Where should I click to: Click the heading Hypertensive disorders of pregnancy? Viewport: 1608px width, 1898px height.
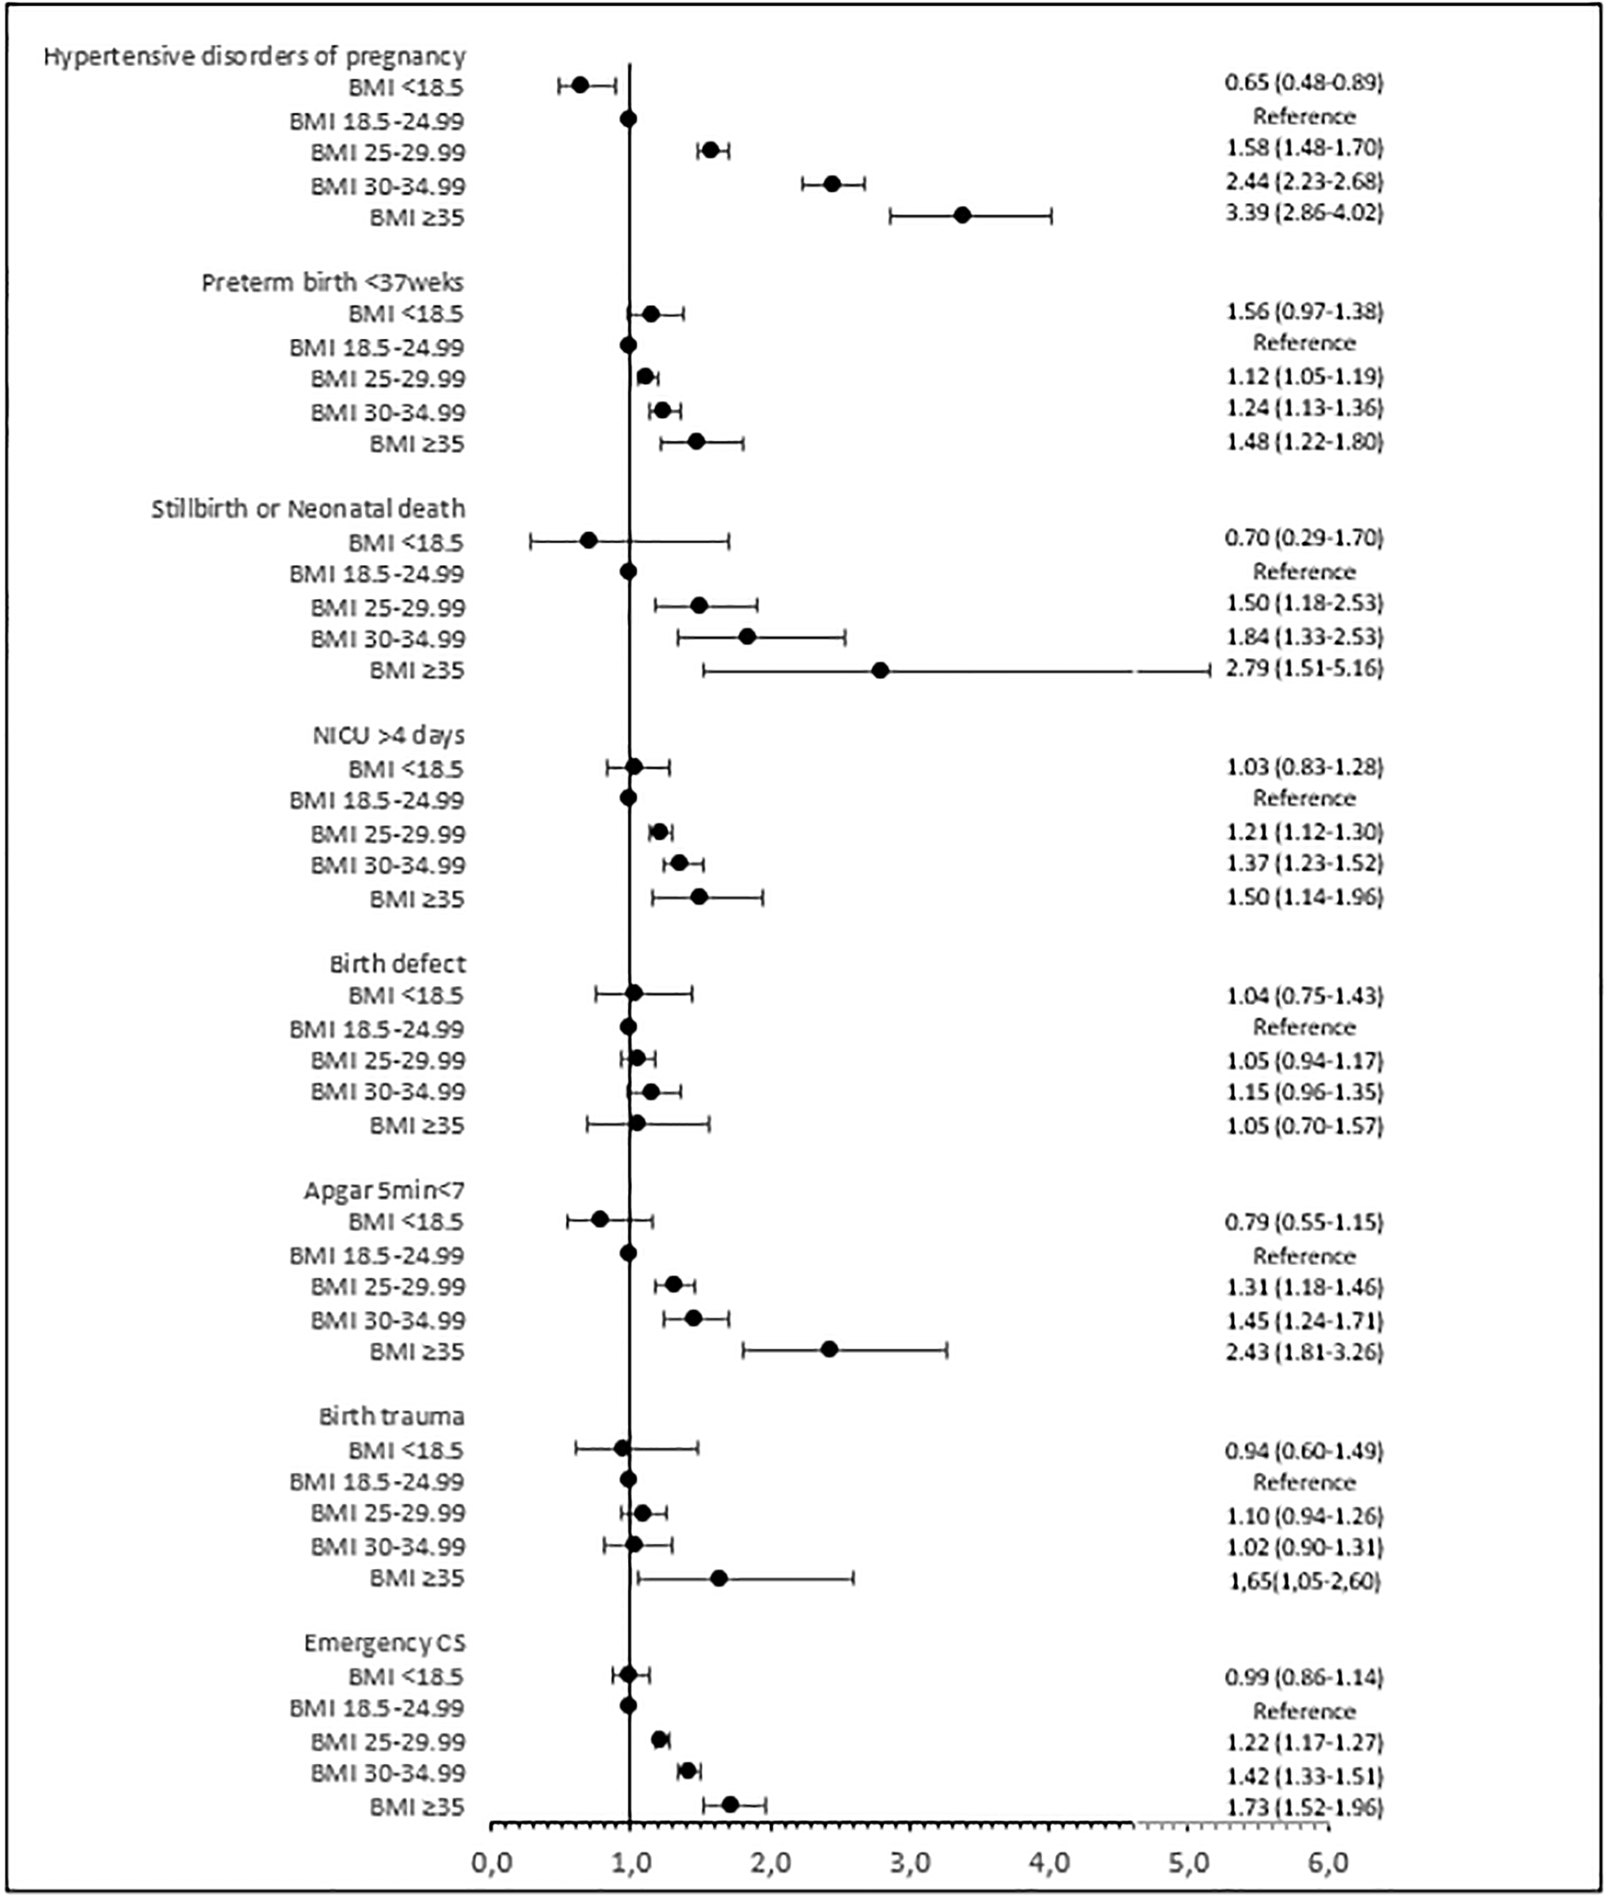point(254,56)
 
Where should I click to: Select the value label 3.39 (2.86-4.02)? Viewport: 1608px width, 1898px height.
point(1303,213)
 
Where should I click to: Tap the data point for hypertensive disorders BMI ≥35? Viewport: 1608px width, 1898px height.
point(962,215)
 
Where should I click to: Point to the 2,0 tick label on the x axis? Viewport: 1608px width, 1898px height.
point(771,1862)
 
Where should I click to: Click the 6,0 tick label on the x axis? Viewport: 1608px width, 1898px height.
point(1327,1862)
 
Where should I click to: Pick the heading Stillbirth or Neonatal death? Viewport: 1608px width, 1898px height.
point(308,509)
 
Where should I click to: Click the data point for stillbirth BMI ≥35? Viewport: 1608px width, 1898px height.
point(880,671)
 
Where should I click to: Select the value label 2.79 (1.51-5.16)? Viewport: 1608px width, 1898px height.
point(1303,668)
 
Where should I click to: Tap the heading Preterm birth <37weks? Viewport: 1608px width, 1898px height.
point(332,282)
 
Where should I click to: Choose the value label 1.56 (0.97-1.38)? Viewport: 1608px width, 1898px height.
point(1303,312)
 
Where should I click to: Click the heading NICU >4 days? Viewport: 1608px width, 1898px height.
point(390,735)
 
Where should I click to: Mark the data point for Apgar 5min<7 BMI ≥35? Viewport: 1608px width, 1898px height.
point(829,1349)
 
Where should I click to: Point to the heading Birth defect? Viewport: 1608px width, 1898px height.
point(398,963)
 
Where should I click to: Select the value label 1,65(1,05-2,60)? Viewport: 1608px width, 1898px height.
point(1303,1581)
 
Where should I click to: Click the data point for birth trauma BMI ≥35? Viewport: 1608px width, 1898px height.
point(719,1578)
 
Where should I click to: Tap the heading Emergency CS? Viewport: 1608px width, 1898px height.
point(385,1642)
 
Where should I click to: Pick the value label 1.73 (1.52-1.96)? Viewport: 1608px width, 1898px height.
point(1303,1806)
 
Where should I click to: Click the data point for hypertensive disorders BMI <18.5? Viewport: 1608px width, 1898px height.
point(580,86)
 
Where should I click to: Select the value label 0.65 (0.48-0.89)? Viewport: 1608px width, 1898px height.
point(1303,83)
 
